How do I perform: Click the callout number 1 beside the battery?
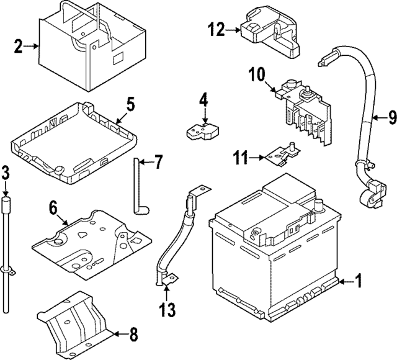(x=357, y=282)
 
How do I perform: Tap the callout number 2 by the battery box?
(x=19, y=45)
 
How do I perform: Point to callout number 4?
(x=203, y=99)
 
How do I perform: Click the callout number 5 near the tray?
(x=130, y=103)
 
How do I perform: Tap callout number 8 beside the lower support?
(x=133, y=336)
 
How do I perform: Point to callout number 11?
(x=241, y=158)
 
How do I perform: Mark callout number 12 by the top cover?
(x=215, y=29)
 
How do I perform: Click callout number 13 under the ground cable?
(x=167, y=308)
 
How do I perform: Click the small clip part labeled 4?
(x=201, y=130)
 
